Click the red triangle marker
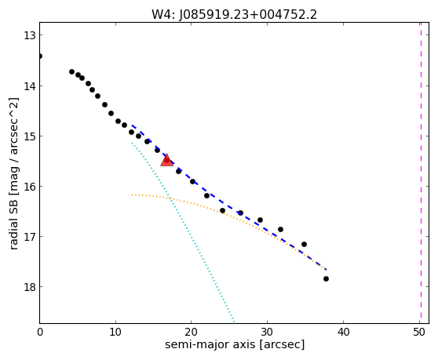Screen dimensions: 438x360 pos(166,160)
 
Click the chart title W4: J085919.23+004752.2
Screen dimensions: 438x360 pos(234,14)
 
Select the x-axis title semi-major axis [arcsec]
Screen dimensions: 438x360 pos(235,344)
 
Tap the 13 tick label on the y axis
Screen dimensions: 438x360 pos(29,35)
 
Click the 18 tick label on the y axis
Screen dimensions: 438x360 pos(29,287)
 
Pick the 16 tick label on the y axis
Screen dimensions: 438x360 pos(29,187)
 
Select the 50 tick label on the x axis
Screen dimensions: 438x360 pos(419,332)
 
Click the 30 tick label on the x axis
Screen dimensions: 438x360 pos(268,332)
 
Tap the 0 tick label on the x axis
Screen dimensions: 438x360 pos(40,332)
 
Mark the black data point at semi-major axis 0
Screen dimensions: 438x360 pos(40,56)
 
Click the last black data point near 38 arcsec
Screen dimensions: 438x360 pos(326,278)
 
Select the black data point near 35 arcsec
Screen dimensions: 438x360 pos(305,244)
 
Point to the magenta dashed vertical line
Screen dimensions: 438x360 pos(421,173)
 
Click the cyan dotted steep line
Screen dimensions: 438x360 pos(183,232)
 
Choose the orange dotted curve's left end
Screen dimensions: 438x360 pos(132,195)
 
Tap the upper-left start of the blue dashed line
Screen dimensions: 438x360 pos(132,125)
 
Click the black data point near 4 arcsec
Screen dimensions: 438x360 pos(71,71)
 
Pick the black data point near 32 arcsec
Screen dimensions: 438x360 pos(280,229)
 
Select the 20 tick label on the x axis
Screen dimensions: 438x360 pos(192,332)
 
